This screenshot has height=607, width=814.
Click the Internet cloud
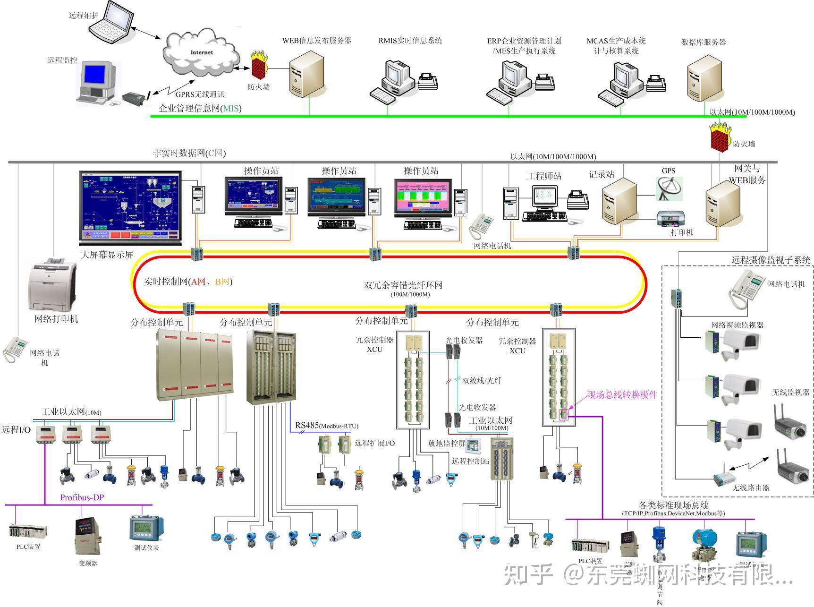click(x=201, y=52)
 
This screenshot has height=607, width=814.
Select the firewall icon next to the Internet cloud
click(x=258, y=65)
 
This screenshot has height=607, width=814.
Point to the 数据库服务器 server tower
click(x=704, y=77)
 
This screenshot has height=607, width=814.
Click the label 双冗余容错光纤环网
click(x=403, y=285)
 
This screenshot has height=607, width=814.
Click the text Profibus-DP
click(x=82, y=497)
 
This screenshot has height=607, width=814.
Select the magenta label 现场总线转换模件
click(x=622, y=395)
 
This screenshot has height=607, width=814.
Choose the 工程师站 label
click(x=544, y=176)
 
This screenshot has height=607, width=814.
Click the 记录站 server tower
click(x=619, y=201)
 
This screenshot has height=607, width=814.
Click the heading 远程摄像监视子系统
click(x=771, y=260)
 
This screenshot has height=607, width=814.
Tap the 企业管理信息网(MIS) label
click(x=200, y=109)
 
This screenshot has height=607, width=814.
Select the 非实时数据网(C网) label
click(x=189, y=153)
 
